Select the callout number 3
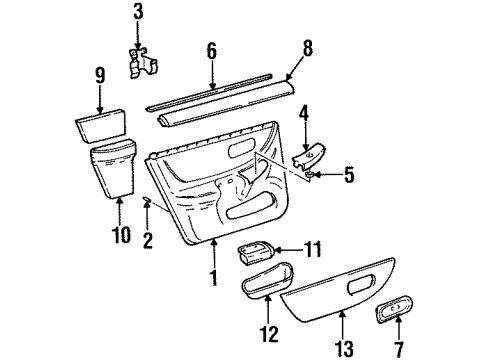(x=138, y=13)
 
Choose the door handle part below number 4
(x=308, y=157)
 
